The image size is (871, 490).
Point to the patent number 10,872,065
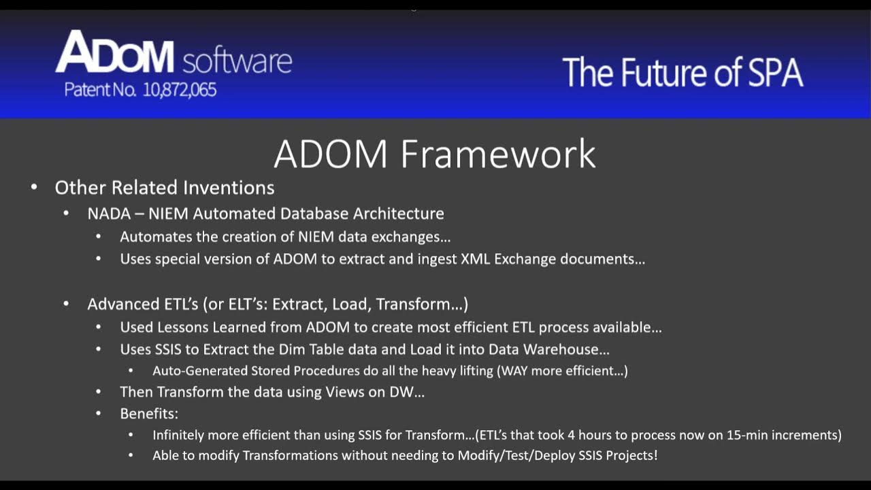click(180, 90)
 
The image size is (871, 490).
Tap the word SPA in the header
click(768, 73)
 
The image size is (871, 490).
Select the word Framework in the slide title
click(498, 154)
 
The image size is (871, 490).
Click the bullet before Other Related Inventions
click(34, 187)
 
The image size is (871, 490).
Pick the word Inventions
click(238, 187)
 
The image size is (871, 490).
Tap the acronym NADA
click(109, 213)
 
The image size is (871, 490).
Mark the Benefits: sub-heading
click(149, 413)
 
